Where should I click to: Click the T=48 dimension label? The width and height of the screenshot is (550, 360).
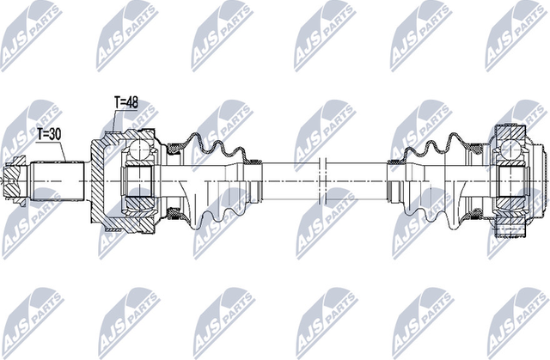tap(126, 102)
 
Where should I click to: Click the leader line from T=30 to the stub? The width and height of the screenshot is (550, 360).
tap(65, 149)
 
